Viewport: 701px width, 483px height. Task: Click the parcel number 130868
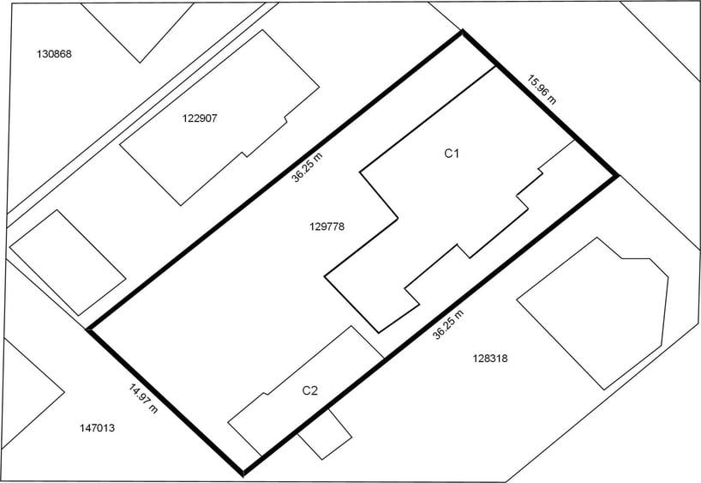[54, 54]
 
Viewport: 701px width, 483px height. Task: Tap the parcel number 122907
[200, 118]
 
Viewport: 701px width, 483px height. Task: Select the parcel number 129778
[327, 226]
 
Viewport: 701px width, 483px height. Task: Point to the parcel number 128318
[490, 358]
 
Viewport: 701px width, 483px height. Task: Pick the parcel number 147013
[97, 428]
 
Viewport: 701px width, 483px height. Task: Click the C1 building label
[452, 154]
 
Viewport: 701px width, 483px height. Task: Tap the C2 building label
[310, 391]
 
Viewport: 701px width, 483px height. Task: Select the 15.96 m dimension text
[542, 89]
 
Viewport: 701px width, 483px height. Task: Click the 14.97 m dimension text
[143, 398]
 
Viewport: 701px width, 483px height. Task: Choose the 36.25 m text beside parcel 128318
[448, 324]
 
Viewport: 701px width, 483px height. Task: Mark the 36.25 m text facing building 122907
[307, 168]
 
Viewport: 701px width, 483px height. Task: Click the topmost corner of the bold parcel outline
[462, 32]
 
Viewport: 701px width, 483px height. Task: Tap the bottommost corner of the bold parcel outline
[243, 474]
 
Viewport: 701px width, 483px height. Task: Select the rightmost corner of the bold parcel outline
[617, 176]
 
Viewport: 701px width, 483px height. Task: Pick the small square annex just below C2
[325, 434]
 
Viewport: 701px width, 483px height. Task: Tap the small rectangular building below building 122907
[68, 263]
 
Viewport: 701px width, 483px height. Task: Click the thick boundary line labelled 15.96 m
[540, 104]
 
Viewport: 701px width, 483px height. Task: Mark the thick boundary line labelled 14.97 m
[165, 401]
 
